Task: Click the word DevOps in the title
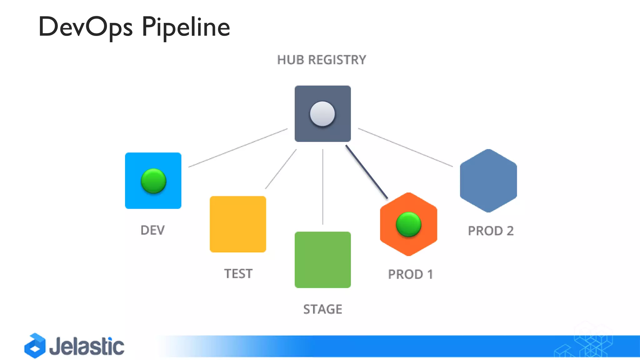(85, 27)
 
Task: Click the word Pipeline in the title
(186, 27)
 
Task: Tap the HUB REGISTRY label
(321, 60)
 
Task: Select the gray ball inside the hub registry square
(322, 114)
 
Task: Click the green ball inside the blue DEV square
(153, 181)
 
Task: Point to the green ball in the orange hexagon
(408, 224)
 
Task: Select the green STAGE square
(322, 260)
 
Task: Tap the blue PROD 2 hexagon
(488, 181)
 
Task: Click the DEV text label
(152, 230)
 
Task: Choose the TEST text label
(238, 274)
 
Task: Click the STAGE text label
(322, 309)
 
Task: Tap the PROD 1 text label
(410, 274)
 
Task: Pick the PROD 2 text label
(491, 231)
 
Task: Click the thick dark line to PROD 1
(367, 172)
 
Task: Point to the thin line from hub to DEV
(238, 148)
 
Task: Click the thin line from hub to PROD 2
(405, 147)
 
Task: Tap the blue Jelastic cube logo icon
(35, 346)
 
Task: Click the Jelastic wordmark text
(87, 346)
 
